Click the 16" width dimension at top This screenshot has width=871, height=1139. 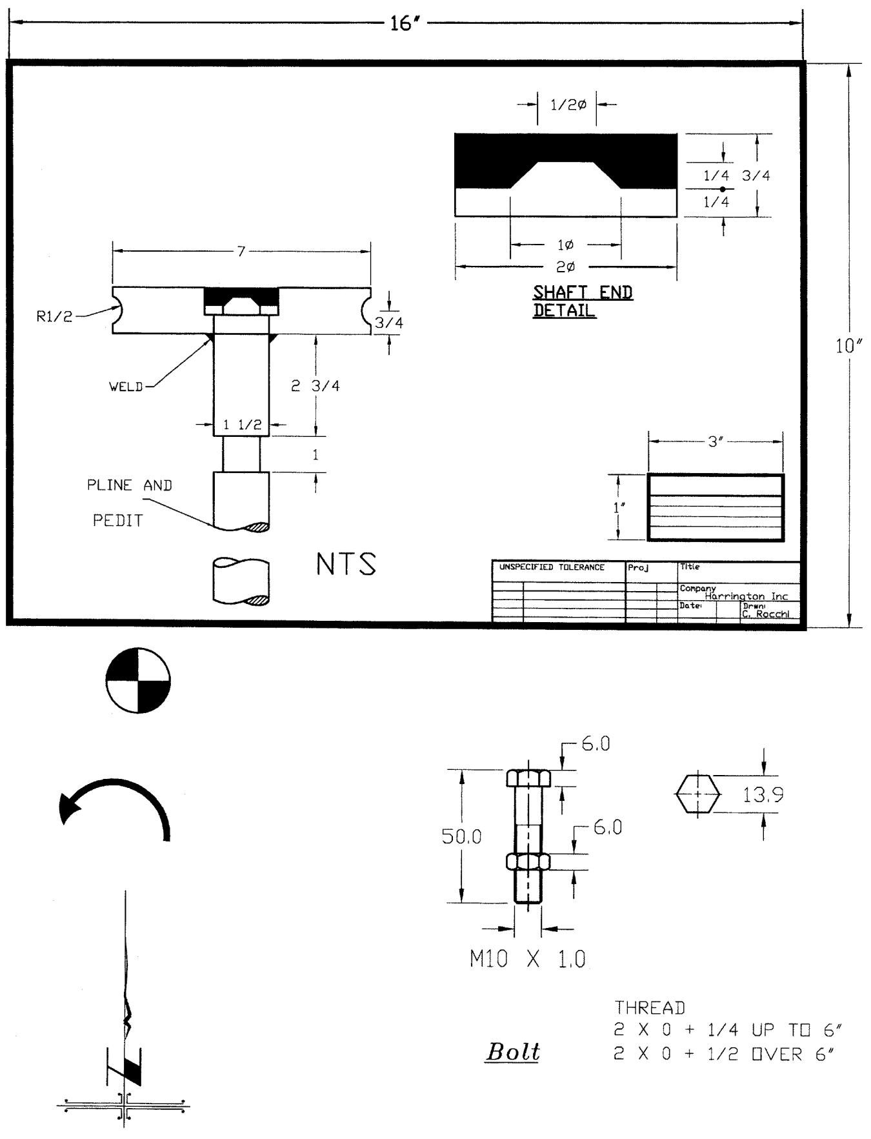pos(405,24)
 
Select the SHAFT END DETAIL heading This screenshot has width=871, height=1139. pos(583,301)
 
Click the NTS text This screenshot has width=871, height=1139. pos(346,564)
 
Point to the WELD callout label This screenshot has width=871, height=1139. pos(126,387)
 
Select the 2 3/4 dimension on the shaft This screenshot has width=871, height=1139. pos(315,386)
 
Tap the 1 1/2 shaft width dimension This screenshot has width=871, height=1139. pos(242,425)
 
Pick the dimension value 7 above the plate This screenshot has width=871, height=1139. pos(241,251)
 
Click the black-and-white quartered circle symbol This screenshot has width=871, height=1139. pos(138,680)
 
